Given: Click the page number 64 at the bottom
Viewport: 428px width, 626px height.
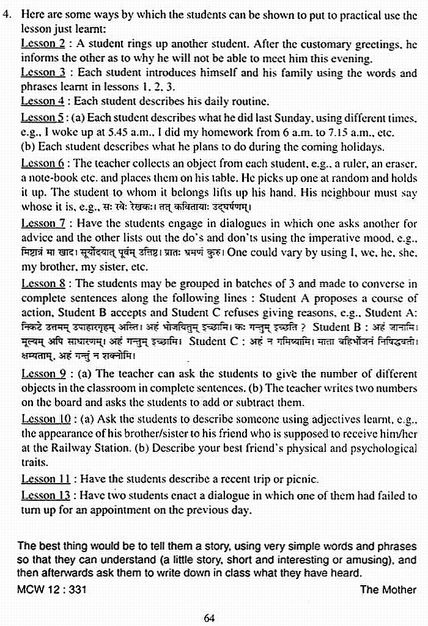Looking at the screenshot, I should pos(209,618).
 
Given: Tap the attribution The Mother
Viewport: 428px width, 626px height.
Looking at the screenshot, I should pos(388,589).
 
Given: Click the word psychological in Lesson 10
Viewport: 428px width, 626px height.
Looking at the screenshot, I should pos(377,448).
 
